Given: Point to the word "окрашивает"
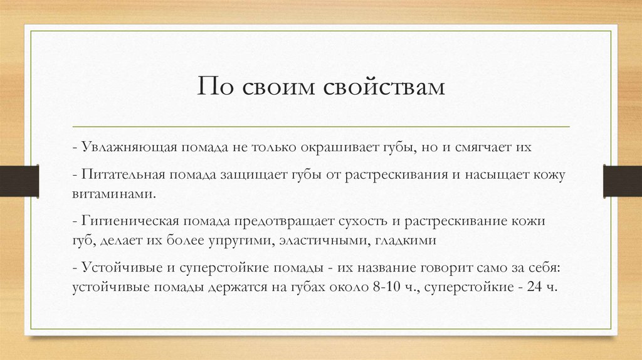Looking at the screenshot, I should point(338,147).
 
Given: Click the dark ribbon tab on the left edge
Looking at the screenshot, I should point(19,179).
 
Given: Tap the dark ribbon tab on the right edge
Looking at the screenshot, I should point(622,179).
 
